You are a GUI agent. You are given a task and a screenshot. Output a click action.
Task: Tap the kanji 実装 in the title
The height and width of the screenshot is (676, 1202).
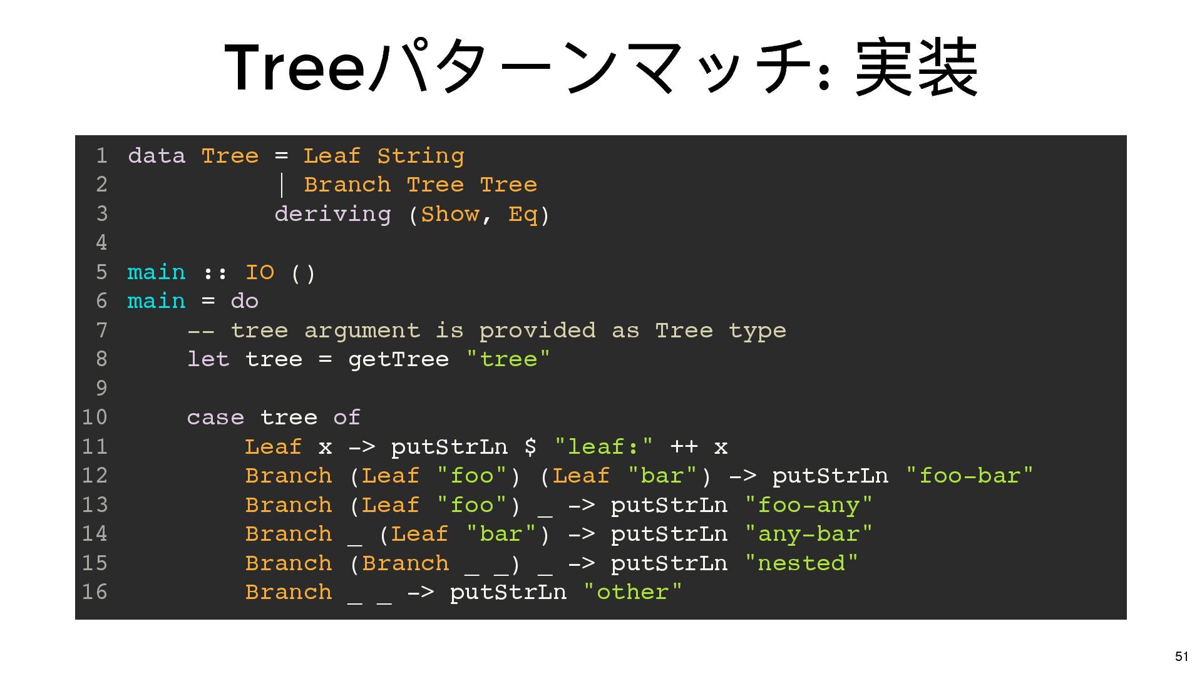coord(916,68)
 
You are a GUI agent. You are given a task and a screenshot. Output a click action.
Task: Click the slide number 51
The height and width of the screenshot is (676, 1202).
coord(1181,656)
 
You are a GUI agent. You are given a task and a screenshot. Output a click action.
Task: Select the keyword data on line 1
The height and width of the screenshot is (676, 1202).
coord(157,156)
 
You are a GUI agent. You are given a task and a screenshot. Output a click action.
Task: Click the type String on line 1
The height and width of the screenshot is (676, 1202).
coord(420,156)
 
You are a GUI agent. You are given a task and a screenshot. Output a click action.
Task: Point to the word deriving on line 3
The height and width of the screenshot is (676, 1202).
coord(332,214)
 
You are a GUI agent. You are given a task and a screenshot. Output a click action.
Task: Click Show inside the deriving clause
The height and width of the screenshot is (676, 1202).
coord(449,214)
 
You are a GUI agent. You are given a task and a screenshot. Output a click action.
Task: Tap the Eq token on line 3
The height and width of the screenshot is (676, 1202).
coord(523,214)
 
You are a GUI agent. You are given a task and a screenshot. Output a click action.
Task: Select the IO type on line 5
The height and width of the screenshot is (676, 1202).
coord(259,272)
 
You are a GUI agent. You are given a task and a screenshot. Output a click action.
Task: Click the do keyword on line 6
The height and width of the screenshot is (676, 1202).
coord(244,301)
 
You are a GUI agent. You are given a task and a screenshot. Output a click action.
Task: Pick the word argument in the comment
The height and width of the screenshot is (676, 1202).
coord(362,330)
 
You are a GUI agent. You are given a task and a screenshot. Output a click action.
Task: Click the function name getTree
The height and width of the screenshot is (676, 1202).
coord(398,359)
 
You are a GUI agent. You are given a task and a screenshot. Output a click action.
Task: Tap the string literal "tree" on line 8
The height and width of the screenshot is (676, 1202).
coord(508,359)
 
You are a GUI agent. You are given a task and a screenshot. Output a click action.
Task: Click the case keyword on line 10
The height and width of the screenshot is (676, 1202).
coord(215,417)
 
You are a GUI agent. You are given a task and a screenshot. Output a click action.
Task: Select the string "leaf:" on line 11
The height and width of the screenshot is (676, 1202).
coord(604,447)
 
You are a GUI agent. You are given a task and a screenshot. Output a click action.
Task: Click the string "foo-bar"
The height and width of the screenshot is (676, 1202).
coord(969,476)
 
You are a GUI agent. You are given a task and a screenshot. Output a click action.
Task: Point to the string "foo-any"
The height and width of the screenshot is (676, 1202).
coord(808,505)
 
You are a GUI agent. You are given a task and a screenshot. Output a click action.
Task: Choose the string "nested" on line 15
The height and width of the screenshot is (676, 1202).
coord(801,563)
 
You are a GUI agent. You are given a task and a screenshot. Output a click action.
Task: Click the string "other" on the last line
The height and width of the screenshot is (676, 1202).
coord(632,592)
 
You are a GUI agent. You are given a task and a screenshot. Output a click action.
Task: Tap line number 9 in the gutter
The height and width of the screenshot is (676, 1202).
coord(101,388)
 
